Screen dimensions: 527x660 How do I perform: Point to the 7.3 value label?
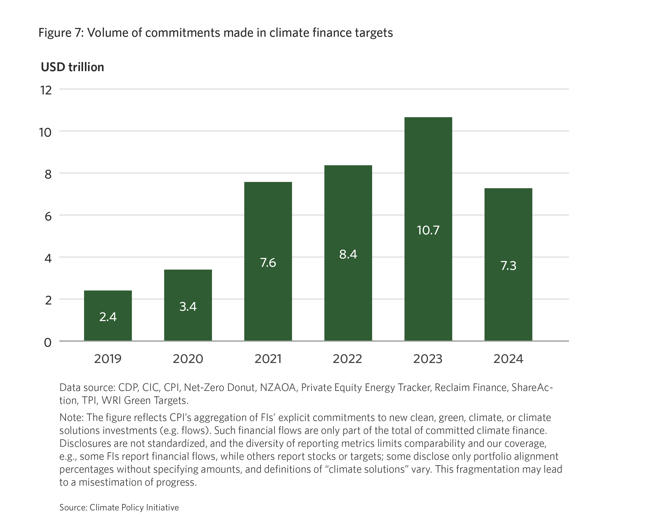(508, 266)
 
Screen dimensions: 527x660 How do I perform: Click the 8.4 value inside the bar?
(348, 254)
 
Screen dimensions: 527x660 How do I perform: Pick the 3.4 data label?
(188, 306)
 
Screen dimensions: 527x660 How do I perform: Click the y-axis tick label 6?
(48, 216)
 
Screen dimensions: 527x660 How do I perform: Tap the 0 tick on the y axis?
(48, 343)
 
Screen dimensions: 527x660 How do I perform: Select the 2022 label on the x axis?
(347, 359)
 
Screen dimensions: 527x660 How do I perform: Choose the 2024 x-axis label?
(508, 359)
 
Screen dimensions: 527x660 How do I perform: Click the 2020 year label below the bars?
(188, 359)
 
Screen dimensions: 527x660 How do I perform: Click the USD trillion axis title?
(72, 67)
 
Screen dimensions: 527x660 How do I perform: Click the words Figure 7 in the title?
(61, 33)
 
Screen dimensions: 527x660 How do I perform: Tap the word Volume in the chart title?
(107, 33)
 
